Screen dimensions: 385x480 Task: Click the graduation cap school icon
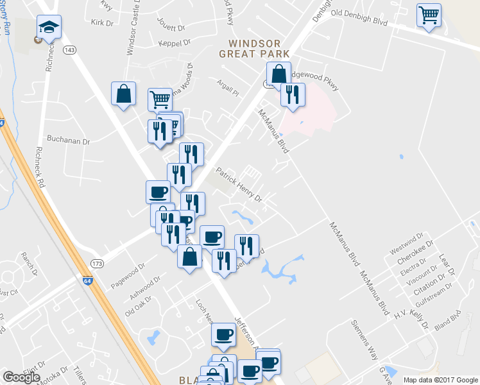pos(49,27)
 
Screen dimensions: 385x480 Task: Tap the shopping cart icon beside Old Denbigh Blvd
pos(429,15)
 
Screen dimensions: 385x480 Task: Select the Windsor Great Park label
pos(254,48)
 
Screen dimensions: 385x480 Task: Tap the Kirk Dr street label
pos(102,22)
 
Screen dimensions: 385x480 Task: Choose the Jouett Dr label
pos(171,28)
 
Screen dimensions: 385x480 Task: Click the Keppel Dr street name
pos(174,43)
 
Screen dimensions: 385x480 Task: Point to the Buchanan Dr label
pos(68,139)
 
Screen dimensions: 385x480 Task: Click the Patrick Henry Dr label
pos(240,185)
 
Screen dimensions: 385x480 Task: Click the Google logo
pos(21,377)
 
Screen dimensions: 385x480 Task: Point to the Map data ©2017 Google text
pos(440,380)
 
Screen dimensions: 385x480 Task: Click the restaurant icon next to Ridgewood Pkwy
pos(293,95)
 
